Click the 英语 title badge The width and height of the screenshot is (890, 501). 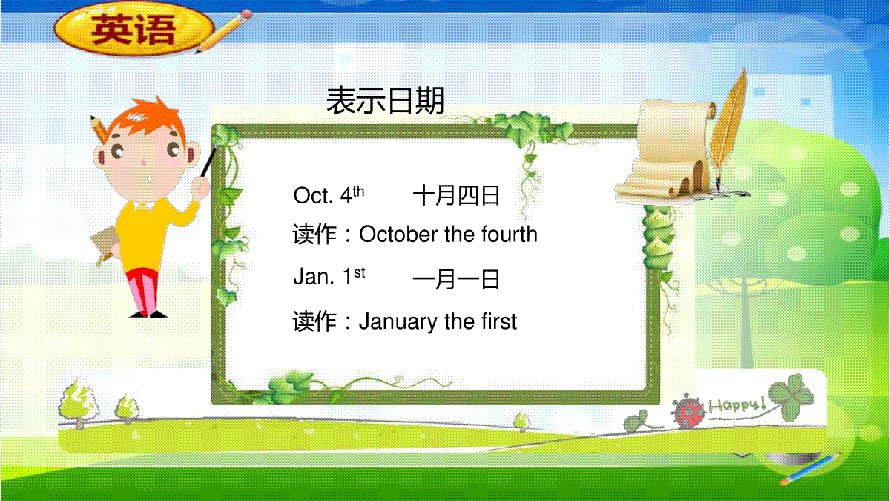[x=134, y=30]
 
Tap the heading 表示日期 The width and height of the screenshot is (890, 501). [x=385, y=101]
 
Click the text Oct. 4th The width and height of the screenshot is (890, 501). [x=329, y=194]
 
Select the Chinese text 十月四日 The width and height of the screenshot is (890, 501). [x=456, y=196]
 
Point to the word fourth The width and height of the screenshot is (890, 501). [x=510, y=234]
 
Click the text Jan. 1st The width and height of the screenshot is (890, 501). [x=329, y=276]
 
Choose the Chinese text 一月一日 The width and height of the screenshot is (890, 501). [x=456, y=279]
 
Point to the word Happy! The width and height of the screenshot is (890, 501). [x=737, y=405]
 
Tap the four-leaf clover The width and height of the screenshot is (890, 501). [x=791, y=396]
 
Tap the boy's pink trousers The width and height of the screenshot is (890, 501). [x=142, y=290]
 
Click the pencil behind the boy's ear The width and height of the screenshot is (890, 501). [x=99, y=129]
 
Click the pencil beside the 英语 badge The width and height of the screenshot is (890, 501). [x=223, y=31]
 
